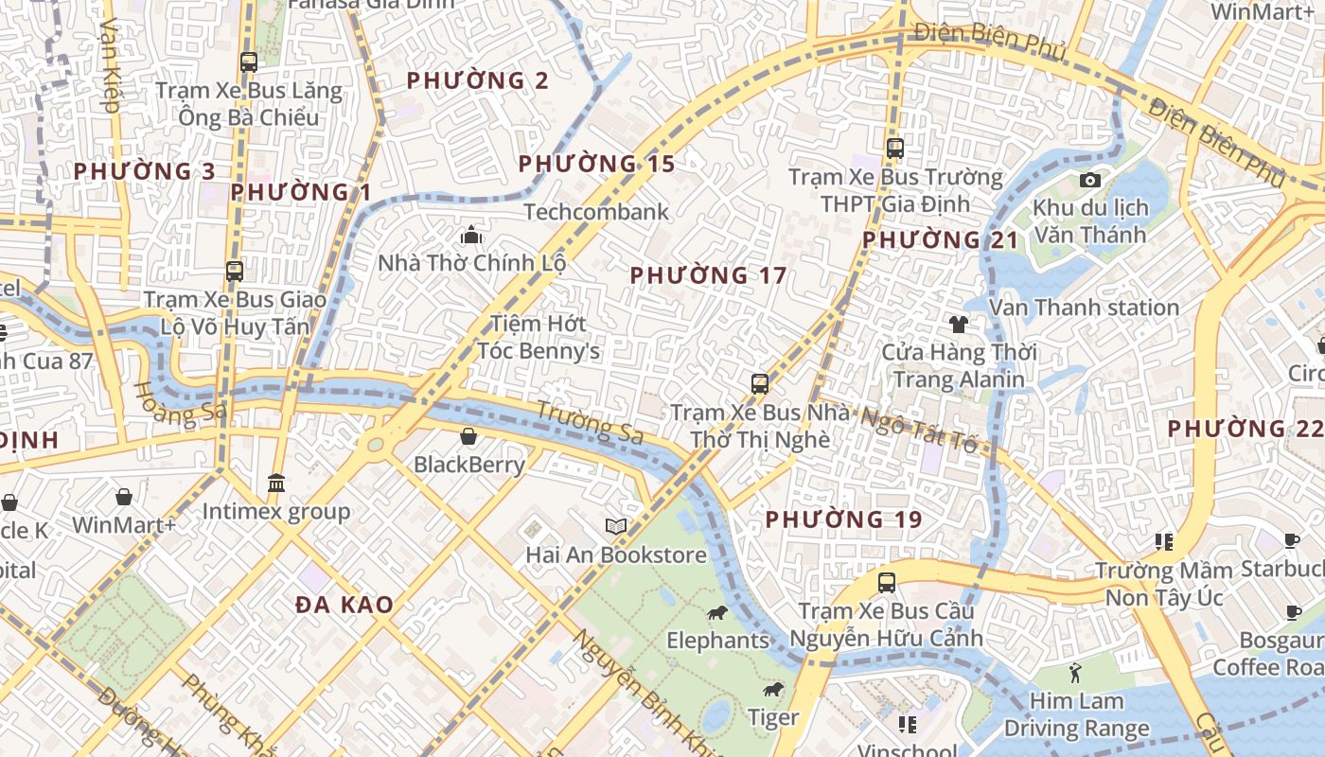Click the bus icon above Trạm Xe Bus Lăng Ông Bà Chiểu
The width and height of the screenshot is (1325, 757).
(x=249, y=62)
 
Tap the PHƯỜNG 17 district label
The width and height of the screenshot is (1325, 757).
(x=708, y=275)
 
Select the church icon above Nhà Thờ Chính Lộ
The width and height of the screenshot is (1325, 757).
(x=470, y=235)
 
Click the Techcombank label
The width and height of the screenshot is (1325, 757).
(x=596, y=212)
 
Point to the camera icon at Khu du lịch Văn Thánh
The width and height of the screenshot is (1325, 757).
(x=1089, y=180)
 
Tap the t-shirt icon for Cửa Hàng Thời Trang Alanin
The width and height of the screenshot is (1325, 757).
(x=958, y=325)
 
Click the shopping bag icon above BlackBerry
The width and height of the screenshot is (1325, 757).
(x=468, y=436)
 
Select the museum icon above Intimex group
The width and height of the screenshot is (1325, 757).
(x=275, y=484)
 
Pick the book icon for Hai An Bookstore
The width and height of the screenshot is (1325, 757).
(x=616, y=526)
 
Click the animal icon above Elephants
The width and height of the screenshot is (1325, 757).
(x=717, y=613)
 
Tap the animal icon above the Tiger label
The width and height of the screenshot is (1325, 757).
(x=773, y=690)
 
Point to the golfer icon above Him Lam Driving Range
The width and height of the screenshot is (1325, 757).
(x=1075, y=674)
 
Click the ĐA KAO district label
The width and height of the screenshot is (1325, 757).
(x=344, y=605)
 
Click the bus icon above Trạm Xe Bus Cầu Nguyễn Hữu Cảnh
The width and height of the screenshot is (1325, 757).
(x=887, y=583)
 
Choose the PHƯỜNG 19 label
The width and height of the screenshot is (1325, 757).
(x=843, y=519)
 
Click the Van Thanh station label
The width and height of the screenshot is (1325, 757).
(x=1084, y=308)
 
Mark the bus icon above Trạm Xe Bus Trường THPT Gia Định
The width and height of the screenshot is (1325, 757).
(x=895, y=149)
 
